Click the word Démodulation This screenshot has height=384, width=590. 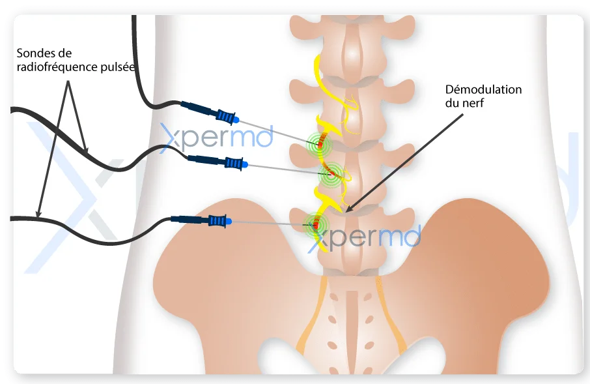tap(483, 90)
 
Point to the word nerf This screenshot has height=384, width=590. tap(475, 103)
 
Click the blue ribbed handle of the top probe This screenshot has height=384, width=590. tap(225, 115)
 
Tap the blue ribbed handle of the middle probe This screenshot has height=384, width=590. tap(234, 164)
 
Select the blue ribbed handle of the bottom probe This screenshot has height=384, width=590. tap(217, 221)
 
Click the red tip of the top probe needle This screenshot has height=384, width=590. tap(320, 144)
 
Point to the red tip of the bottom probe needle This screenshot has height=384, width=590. tap(316, 226)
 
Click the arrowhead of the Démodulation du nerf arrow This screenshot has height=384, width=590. tap(348, 207)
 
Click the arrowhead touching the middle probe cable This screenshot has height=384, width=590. tap(85, 149)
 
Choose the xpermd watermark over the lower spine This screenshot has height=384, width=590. tap(364, 238)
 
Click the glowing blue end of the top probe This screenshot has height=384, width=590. tap(236, 120)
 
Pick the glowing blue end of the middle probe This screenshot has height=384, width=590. tap(245, 165)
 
